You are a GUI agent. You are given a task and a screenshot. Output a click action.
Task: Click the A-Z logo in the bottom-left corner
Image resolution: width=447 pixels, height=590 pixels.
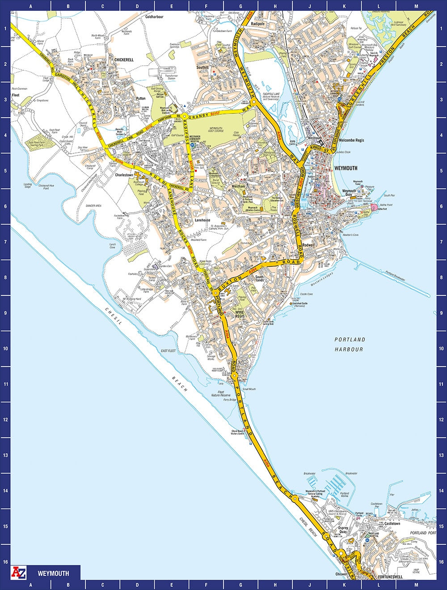(19, 572)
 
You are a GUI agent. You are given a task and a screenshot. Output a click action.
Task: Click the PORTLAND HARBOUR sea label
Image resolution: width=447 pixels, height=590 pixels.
(349, 344)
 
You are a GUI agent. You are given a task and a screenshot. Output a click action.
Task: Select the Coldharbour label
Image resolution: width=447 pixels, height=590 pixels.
(155, 17)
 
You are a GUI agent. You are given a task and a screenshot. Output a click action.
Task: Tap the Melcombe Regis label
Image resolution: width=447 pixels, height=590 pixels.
(351, 140)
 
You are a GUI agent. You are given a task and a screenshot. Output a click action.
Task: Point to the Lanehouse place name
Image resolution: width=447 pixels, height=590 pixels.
(202, 220)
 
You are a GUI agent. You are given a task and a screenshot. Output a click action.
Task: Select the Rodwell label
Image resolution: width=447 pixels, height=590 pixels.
(309, 245)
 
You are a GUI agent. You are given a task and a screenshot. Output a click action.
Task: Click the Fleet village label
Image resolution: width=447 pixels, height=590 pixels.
(16, 95)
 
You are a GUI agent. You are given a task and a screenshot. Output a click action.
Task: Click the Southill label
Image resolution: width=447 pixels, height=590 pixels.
(202, 67)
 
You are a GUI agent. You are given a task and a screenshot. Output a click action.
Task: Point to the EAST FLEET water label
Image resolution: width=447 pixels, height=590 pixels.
(168, 351)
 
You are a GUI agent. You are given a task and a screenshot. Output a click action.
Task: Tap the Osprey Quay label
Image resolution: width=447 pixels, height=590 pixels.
(343, 530)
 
